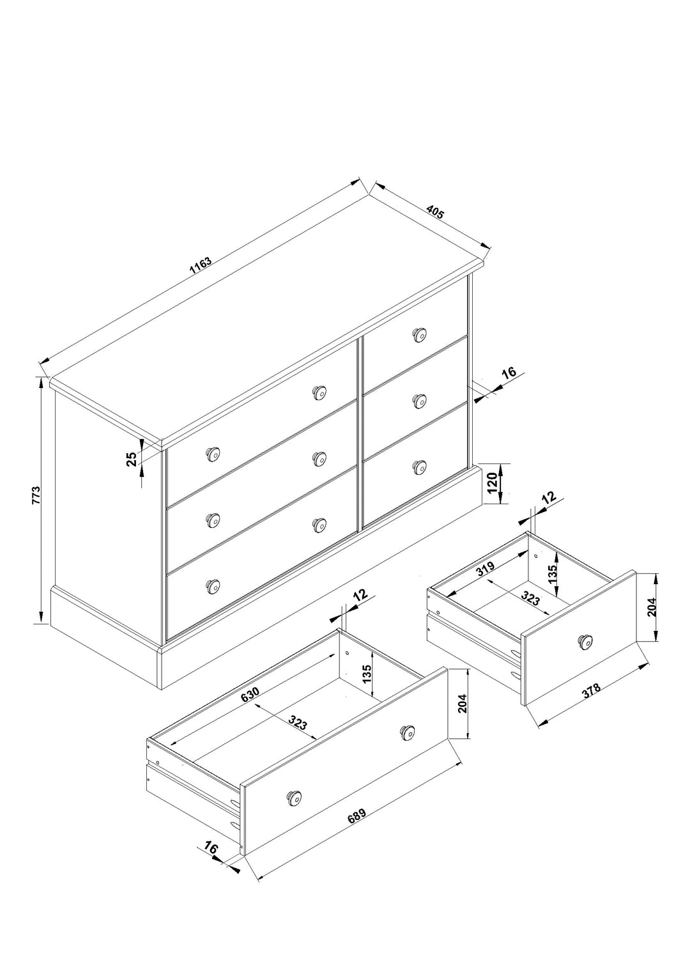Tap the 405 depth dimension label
click(434, 212)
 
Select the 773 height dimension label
click(36, 495)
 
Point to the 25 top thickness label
click(131, 459)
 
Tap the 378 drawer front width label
click(591, 693)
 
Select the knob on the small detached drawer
click(584, 641)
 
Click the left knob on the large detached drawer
click(294, 797)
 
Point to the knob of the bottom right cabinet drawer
click(419, 467)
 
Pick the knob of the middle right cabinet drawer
click(419, 401)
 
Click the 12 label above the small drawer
click(549, 497)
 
